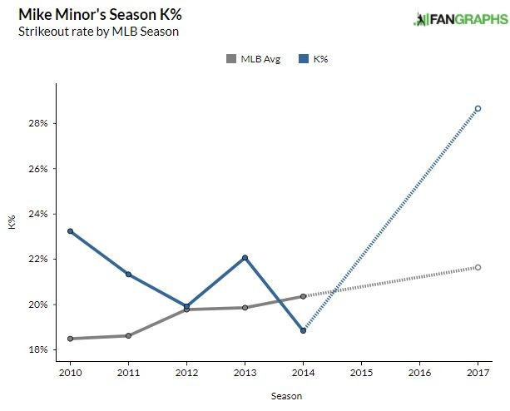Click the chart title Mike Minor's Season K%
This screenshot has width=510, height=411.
[94, 15]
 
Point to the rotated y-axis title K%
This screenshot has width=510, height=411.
[12, 222]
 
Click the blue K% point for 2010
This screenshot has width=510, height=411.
[71, 231]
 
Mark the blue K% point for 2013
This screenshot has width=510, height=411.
[245, 258]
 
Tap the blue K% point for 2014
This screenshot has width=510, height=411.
[304, 330]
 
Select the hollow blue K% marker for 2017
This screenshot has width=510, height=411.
[478, 108]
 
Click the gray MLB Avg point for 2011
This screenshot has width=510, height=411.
[129, 335]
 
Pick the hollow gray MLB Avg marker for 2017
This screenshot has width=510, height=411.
[478, 267]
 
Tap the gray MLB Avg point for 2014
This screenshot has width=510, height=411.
[304, 296]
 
